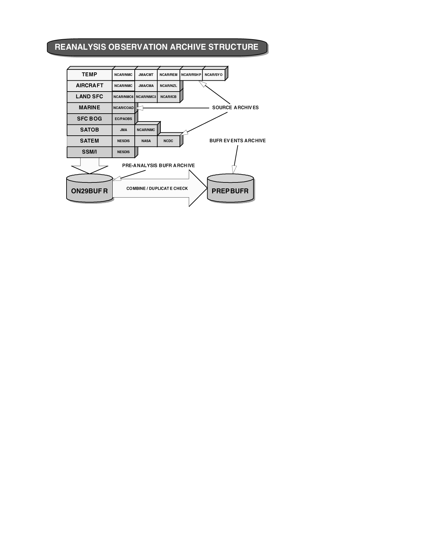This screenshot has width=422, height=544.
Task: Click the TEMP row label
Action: pyautogui.click(x=89, y=74)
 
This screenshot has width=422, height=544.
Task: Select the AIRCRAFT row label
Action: pyautogui.click(x=89, y=86)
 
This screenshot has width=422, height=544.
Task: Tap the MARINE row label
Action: pyautogui.click(x=89, y=108)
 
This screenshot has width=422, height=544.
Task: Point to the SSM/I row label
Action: pyautogui.click(x=89, y=152)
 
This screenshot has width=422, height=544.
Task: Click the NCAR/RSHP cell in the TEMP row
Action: pyautogui.click(x=191, y=75)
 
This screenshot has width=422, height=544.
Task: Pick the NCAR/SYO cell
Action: pyautogui.click(x=213, y=75)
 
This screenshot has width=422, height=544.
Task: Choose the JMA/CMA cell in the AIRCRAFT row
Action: pyautogui.click(x=146, y=86)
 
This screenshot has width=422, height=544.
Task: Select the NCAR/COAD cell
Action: pyautogui.click(x=124, y=108)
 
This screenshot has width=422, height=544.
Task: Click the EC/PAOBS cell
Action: pyautogui.click(x=124, y=119)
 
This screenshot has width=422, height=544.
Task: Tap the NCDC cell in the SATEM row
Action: pyautogui.click(x=168, y=141)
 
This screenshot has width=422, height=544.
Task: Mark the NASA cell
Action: pyautogui.click(x=146, y=141)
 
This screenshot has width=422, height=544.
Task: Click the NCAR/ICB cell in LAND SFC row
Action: pyautogui.click(x=168, y=97)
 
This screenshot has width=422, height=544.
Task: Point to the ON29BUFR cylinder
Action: pyautogui.click(x=89, y=191)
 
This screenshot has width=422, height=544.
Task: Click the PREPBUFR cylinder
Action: pyautogui.click(x=230, y=191)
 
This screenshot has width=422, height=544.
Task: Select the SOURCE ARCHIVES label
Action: pyautogui.click(x=235, y=108)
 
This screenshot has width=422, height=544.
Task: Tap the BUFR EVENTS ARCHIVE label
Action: pyautogui.click(x=238, y=141)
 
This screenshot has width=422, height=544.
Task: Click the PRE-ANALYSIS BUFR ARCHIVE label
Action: pyautogui.click(x=158, y=166)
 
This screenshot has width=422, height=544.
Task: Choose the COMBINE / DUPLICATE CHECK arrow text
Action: pyautogui.click(x=157, y=189)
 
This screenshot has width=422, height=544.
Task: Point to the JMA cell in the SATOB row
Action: pyautogui.click(x=124, y=130)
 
